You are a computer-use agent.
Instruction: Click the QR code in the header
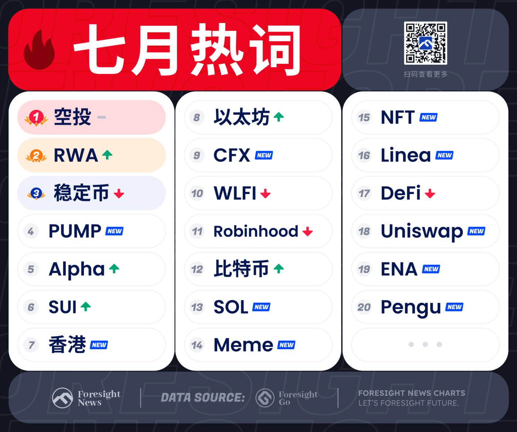[425, 43]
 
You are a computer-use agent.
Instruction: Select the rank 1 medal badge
[36, 118]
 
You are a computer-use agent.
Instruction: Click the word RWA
[76, 156]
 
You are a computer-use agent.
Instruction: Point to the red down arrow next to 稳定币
[119, 194]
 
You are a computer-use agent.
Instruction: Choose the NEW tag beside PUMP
[114, 231]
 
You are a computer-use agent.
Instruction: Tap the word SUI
[62, 307]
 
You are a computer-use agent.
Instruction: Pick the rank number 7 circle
[31, 345]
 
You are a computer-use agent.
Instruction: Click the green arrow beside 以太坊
[279, 117]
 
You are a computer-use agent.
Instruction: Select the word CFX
[232, 156]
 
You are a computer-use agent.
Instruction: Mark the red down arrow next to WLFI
[266, 194]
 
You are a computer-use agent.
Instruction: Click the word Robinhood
[256, 231]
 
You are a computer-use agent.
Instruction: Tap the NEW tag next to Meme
[287, 345]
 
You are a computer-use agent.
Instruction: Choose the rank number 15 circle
[364, 118]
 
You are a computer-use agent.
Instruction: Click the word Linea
[406, 155]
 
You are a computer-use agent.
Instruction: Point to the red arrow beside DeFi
[430, 194]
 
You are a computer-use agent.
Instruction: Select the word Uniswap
[422, 232]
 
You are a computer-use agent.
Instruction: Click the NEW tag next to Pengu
[454, 307]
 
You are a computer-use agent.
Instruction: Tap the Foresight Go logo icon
[265, 398]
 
